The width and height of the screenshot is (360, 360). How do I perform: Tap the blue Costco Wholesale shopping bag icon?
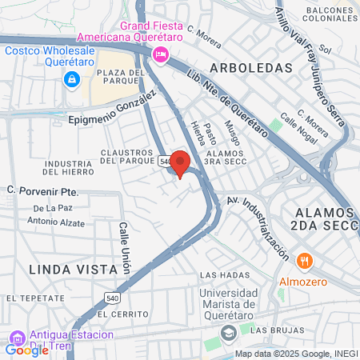point(72,79)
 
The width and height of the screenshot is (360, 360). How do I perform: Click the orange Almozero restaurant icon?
point(305,261)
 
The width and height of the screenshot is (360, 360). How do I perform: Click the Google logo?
point(26,350)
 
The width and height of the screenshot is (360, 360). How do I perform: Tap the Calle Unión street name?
point(125,249)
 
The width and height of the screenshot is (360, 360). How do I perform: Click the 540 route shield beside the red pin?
point(164,161)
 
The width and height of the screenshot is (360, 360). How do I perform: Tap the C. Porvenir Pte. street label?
point(42,191)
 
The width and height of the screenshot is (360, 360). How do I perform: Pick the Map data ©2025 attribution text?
point(295,354)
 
